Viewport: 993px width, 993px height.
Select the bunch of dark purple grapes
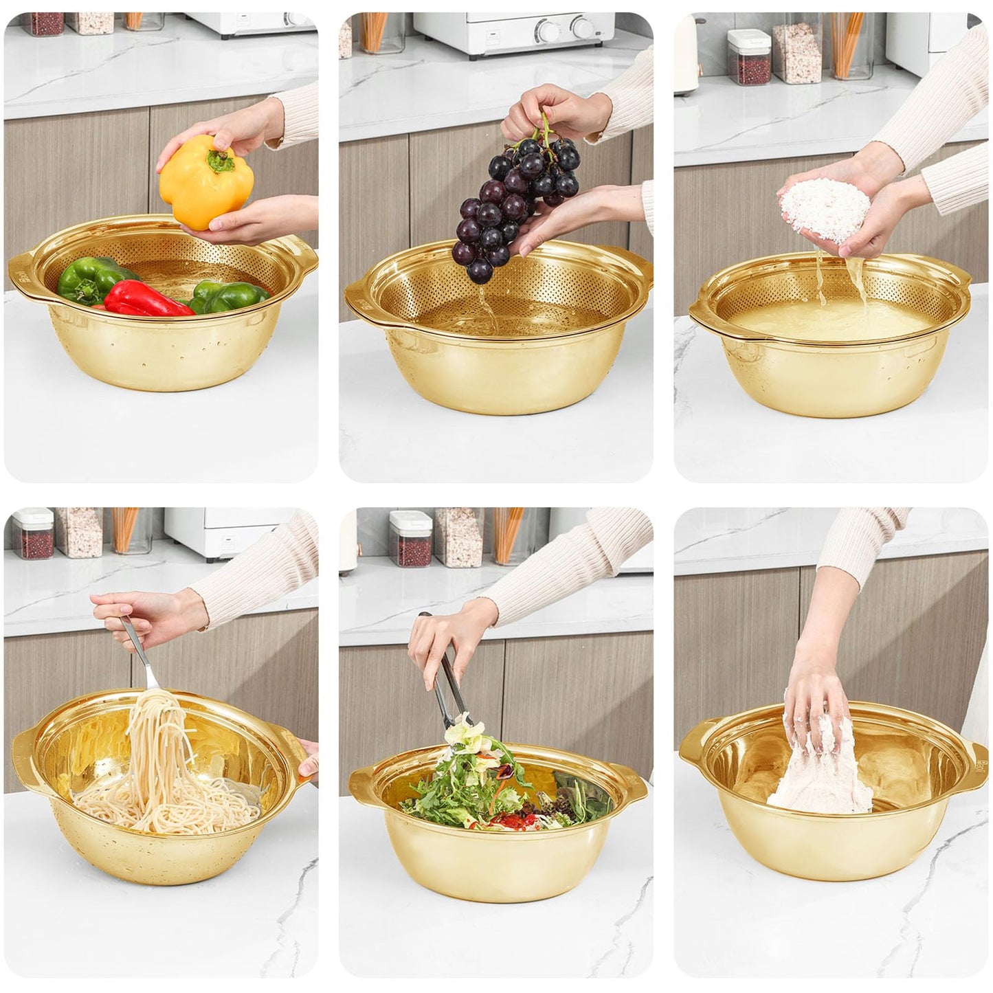pyautogui.click(x=515, y=199)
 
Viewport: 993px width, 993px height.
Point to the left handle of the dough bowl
pyautogui.click(x=693, y=749)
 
